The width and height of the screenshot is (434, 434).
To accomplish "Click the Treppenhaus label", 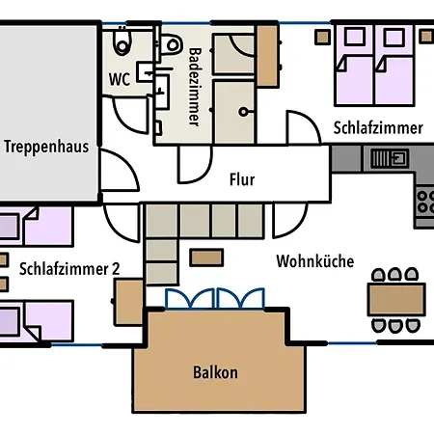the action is (x=46, y=147).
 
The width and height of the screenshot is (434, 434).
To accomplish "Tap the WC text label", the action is (x=120, y=79).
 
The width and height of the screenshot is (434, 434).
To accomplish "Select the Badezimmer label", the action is (x=195, y=87).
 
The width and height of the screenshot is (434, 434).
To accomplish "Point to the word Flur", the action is (x=242, y=179).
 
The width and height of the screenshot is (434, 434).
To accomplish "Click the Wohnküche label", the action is (x=315, y=260).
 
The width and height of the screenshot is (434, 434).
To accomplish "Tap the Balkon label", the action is (x=215, y=372).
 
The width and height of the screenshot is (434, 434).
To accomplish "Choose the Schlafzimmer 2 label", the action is (x=69, y=269).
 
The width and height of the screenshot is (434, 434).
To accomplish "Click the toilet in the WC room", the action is (x=122, y=41).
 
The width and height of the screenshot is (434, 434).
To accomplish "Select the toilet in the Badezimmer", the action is (x=171, y=44).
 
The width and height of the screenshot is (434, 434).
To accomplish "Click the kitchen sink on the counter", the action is (x=390, y=158).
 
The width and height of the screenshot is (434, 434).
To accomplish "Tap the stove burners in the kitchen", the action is (x=424, y=202).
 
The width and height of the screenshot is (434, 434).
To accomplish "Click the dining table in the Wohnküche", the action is (x=396, y=299).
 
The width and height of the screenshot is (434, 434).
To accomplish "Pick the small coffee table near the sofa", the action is (x=206, y=258).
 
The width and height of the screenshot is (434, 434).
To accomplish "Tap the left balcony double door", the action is (x=189, y=299).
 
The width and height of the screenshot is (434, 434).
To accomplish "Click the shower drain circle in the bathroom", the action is (x=243, y=112).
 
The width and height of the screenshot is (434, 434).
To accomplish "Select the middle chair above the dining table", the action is (x=394, y=275).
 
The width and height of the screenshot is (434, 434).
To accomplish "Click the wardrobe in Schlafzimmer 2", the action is (x=128, y=302).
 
